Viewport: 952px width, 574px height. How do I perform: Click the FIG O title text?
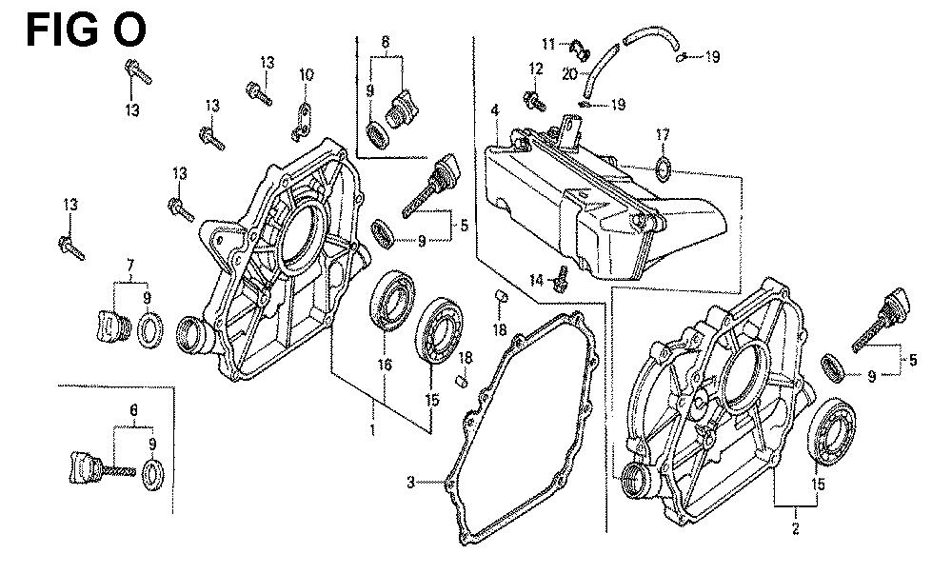pos(86,30)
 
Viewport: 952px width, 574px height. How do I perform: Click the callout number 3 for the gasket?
pos(410,483)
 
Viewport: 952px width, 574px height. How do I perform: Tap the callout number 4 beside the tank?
pos(494,111)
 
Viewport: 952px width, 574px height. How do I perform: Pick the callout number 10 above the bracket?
pos(306,75)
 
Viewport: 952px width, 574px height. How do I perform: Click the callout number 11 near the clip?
pos(548,44)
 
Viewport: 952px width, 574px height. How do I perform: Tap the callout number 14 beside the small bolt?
pos(537,280)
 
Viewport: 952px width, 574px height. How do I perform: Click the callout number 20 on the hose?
pos(569,73)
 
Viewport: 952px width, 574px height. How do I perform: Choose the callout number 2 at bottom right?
pos(796,526)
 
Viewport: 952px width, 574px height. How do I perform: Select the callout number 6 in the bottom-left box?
pos(134,408)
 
